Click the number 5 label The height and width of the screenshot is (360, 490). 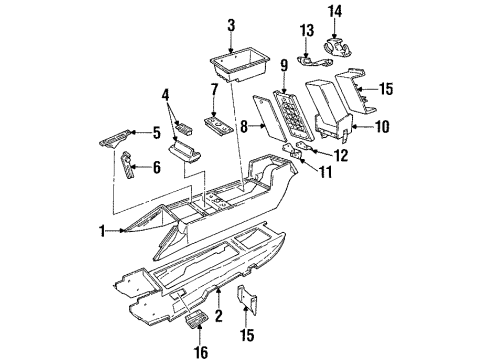tap(156, 131)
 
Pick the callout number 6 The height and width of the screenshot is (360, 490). tap(155, 168)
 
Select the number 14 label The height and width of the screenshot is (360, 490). tap(363, 11)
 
